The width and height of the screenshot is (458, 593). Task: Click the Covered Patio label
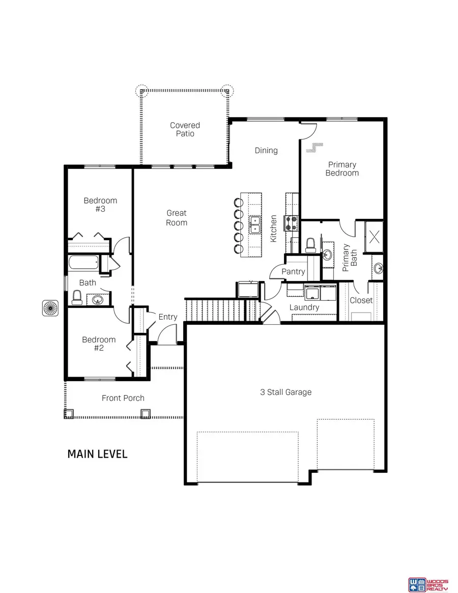click(185, 129)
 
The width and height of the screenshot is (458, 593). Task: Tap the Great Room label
click(177, 217)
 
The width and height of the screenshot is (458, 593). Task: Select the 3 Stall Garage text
click(285, 392)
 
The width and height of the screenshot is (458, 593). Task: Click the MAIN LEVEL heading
click(97, 454)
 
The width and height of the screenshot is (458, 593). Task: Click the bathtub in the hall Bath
click(83, 264)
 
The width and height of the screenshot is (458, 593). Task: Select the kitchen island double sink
click(254, 224)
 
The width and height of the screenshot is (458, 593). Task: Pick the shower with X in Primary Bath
click(375, 237)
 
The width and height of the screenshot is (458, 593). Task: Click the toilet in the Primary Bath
click(310, 245)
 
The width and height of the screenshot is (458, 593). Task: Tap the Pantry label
click(293, 272)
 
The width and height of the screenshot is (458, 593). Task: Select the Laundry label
click(304, 307)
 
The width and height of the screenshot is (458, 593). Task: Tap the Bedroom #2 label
click(99, 344)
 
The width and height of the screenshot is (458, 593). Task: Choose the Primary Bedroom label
click(342, 168)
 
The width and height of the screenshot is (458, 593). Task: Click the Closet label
click(361, 300)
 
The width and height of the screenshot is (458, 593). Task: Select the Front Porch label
click(123, 398)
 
